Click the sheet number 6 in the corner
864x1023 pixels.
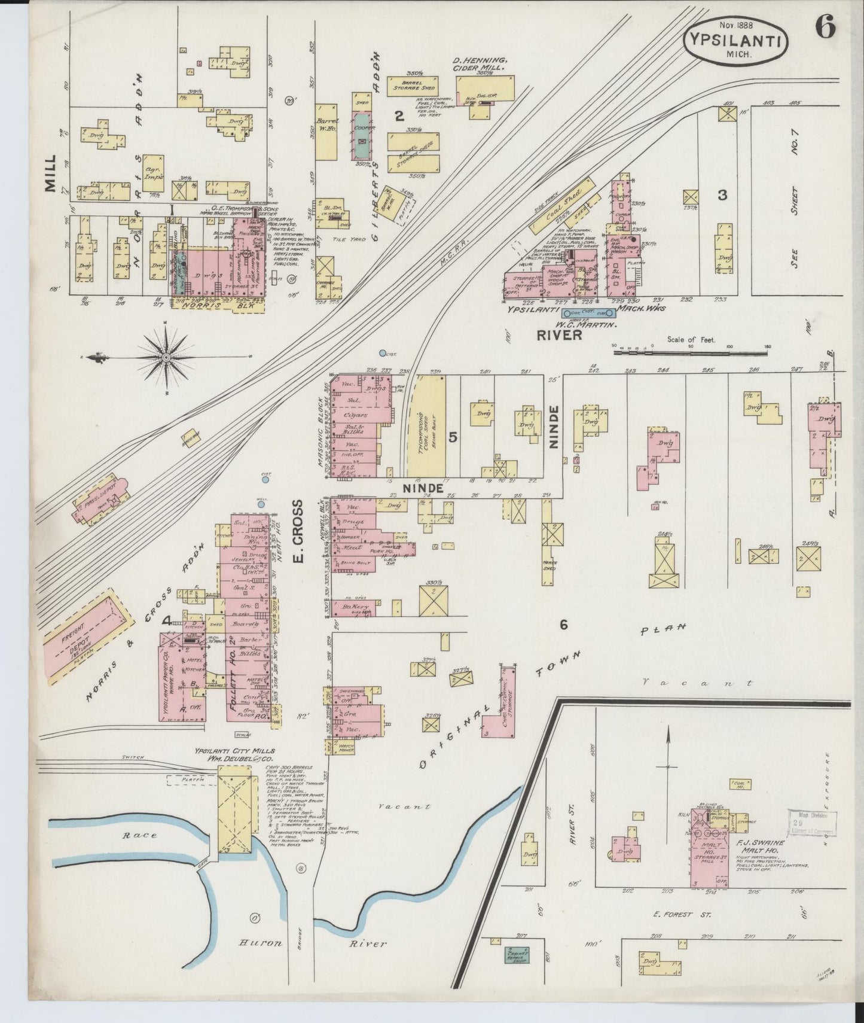pos(827,28)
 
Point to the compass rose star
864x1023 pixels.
pos(165,358)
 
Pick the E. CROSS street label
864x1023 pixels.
pos(298,532)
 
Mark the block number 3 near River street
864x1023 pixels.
pos(723,195)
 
